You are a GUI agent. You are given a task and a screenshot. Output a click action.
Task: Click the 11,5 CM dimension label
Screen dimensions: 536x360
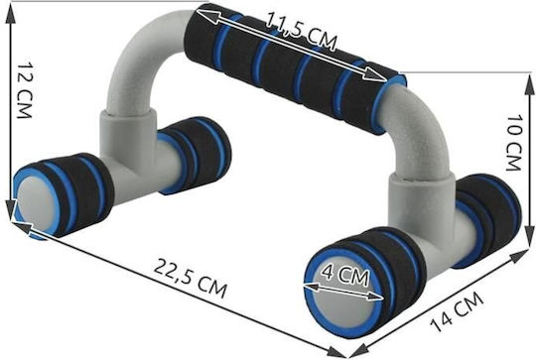[301, 32]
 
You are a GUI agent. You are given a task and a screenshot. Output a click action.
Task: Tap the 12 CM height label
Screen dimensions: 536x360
[25, 90]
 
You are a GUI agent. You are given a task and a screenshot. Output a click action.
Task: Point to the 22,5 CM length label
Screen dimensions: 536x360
[190, 278]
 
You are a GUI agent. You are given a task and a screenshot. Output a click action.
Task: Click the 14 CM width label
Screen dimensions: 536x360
[457, 311]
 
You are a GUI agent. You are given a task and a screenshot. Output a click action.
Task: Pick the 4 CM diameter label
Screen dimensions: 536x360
[346, 277]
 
